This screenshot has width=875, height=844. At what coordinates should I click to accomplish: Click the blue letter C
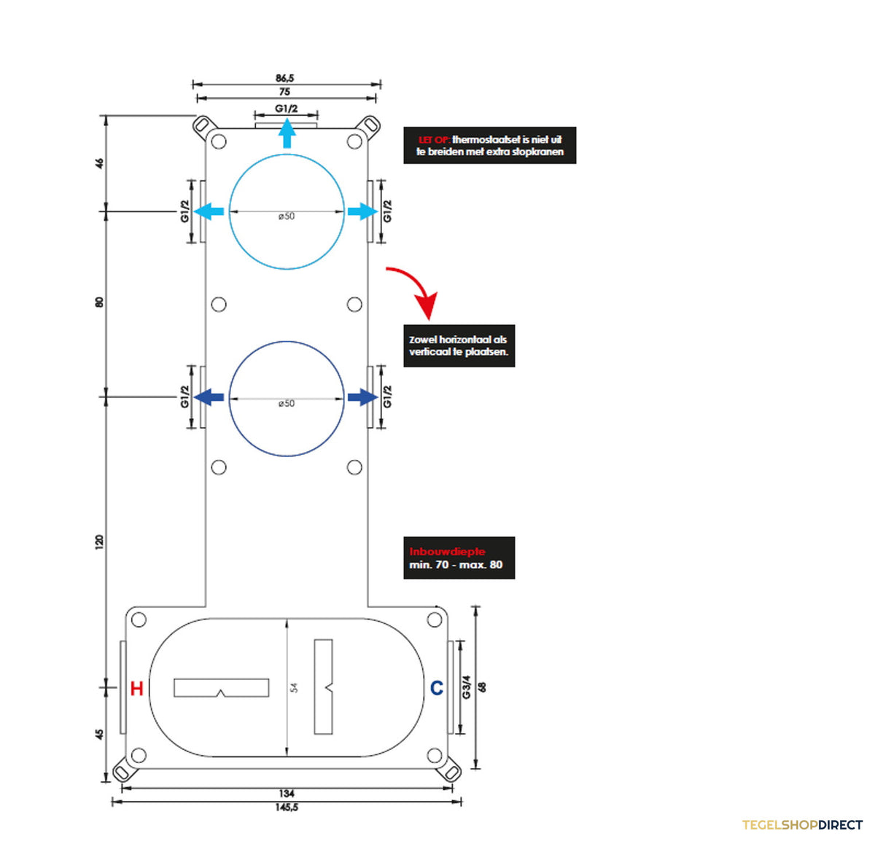437,688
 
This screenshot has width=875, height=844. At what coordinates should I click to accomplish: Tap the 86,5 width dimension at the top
284,78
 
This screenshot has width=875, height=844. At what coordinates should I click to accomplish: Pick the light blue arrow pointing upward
287,133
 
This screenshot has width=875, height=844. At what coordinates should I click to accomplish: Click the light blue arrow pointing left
209,211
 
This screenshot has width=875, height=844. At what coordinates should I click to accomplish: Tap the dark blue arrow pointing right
363,396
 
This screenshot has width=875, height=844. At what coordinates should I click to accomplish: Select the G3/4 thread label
466,687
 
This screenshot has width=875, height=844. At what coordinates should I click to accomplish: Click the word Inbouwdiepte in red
447,552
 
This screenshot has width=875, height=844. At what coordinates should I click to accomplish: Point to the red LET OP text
434,140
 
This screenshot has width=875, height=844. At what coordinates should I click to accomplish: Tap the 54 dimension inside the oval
294,687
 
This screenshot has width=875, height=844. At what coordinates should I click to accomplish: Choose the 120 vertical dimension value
99,542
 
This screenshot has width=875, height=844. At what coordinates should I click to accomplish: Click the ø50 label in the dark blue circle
287,404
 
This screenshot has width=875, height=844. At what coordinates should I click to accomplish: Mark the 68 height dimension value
483,687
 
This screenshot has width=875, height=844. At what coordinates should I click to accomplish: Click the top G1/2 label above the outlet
287,109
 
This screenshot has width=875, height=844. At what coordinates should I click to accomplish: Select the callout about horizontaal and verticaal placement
459,346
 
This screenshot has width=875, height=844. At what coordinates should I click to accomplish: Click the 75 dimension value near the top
284,92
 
